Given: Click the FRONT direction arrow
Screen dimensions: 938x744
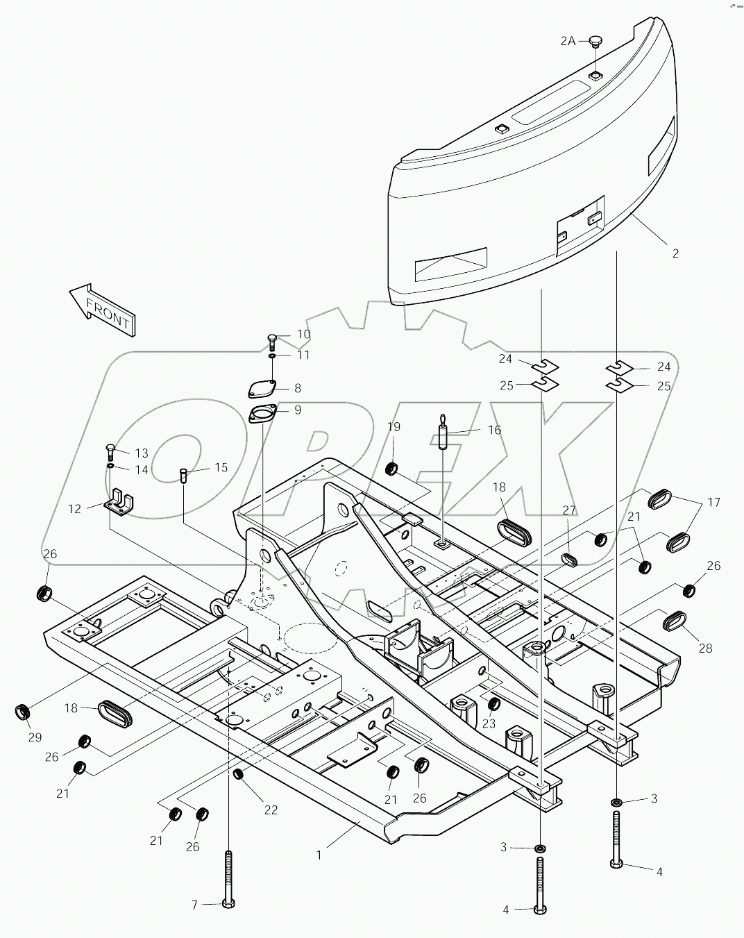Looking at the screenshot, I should pos(103,310).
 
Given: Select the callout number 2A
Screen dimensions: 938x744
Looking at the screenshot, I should pos(568,42).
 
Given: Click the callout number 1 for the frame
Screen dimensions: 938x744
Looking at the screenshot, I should pos(319,855).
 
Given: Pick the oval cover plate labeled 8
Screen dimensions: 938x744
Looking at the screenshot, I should pos(262,389).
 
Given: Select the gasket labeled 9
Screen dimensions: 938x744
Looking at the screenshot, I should pos(263,414).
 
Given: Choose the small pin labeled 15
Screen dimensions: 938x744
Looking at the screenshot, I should pos(184,476).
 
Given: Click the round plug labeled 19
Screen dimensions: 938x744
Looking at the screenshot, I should pos(392,469).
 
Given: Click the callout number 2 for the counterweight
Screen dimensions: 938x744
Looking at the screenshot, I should pos(675,253).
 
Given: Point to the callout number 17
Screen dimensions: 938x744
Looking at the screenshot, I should pos(713,501).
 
